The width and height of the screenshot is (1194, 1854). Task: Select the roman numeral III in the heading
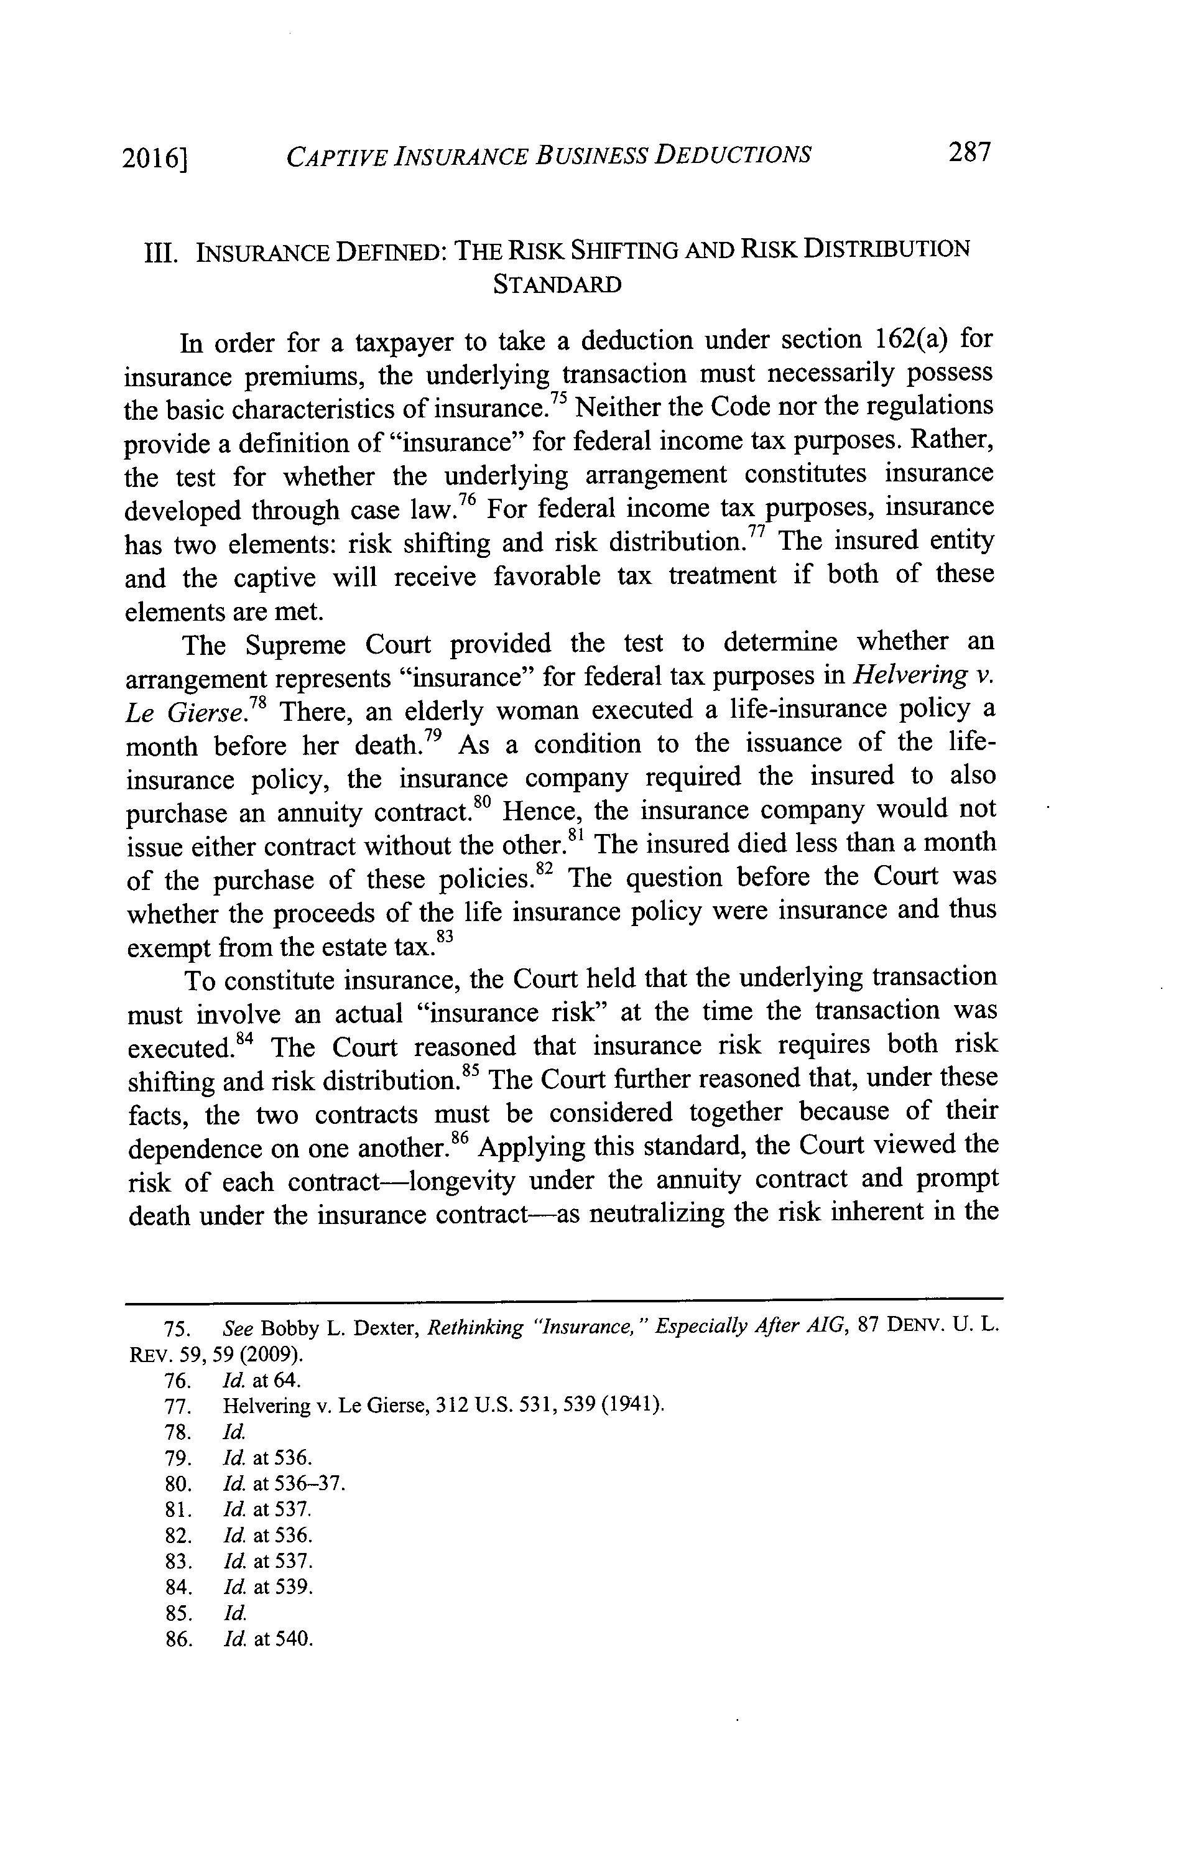[160, 253]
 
